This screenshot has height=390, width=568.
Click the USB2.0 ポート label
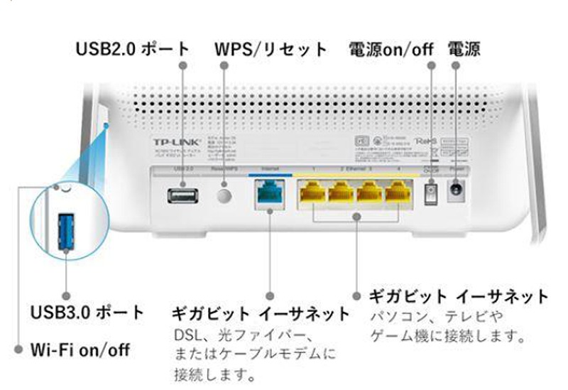click(133, 49)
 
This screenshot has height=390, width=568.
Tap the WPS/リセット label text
click(271, 49)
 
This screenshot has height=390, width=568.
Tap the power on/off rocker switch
click(430, 193)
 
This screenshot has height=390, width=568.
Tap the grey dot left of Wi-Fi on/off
click(19, 350)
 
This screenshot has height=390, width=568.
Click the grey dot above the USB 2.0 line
click(182, 65)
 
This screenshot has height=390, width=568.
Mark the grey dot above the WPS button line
click(225, 65)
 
